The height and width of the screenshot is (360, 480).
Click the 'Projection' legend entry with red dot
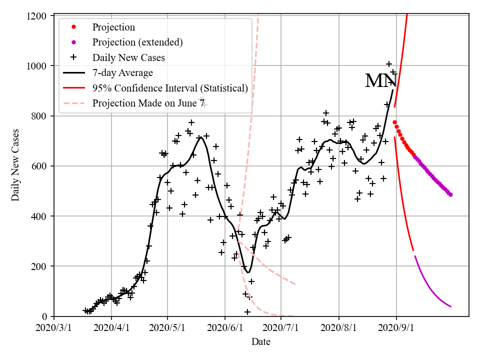[113, 27]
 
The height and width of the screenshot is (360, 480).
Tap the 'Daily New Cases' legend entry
[128, 57]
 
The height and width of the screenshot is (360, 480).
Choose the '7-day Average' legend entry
[122, 73]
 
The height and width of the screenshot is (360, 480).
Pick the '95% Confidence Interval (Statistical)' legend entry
[170, 88]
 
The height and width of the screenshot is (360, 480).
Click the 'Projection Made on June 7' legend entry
[148, 103]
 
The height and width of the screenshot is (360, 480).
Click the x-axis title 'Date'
[261, 342]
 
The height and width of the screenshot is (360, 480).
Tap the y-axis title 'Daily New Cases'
[15, 166]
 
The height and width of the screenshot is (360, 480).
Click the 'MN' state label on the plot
[380, 81]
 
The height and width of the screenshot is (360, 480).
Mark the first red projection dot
[394, 122]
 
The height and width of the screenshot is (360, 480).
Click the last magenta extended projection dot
[450, 194]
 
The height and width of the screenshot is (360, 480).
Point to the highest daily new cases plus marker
[388, 63]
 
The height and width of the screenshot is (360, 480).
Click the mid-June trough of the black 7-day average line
[248, 272]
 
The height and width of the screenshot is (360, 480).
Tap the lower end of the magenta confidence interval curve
[450, 306]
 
